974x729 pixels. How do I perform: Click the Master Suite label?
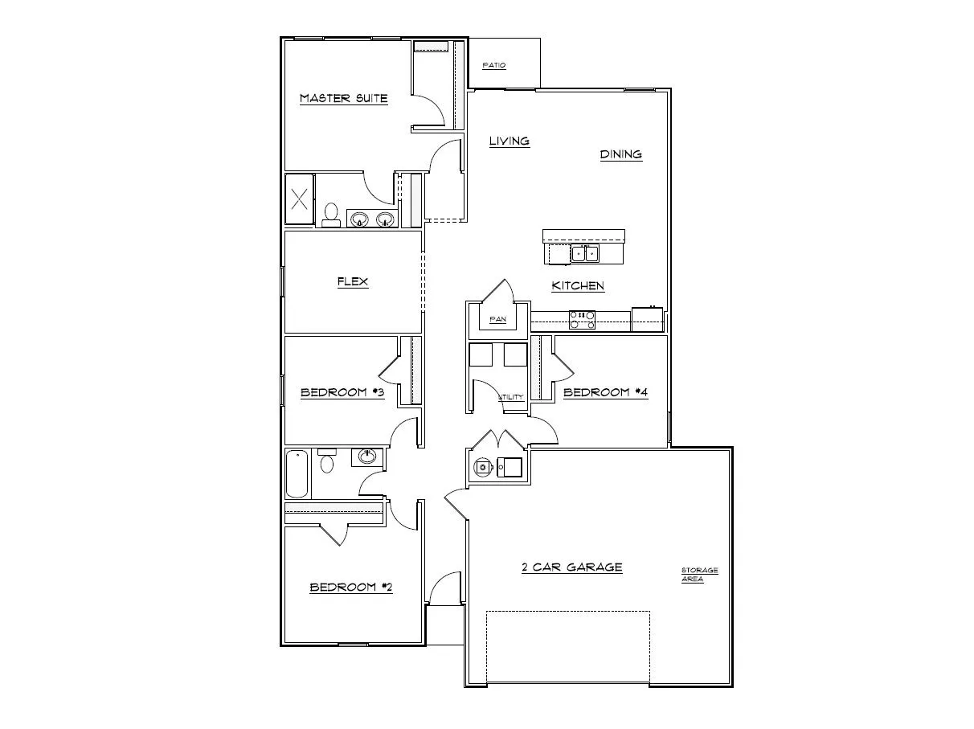[x=343, y=99]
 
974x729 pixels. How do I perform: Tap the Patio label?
[x=494, y=65]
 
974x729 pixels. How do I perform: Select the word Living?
[x=510, y=141]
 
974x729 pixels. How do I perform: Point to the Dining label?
[x=621, y=154]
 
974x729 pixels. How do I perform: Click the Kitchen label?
[x=578, y=285]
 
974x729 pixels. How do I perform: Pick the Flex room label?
[x=352, y=281]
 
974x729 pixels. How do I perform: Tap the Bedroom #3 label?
[x=342, y=392]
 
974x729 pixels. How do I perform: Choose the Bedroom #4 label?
[x=605, y=392]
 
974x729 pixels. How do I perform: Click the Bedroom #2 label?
[x=351, y=588]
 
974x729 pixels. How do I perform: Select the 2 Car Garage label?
[x=571, y=567]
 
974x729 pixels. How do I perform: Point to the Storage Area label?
[x=699, y=575]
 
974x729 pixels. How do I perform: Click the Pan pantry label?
[x=498, y=319]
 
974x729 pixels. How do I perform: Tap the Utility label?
[x=511, y=397]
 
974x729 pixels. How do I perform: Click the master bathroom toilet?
[x=330, y=215]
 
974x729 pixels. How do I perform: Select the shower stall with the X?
[x=300, y=199]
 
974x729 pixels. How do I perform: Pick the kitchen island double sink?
[x=584, y=254]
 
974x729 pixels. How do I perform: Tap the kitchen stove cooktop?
[x=582, y=320]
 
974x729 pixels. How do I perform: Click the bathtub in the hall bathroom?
[x=297, y=474]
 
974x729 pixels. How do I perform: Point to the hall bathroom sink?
[x=368, y=457]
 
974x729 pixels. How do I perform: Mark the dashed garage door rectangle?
[x=567, y=646]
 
